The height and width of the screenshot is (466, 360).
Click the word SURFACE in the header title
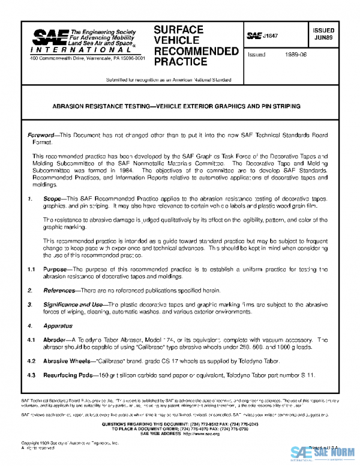point(179,29)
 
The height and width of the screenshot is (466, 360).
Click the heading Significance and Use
point(72,304)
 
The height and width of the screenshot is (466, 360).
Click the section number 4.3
point(31,375)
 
